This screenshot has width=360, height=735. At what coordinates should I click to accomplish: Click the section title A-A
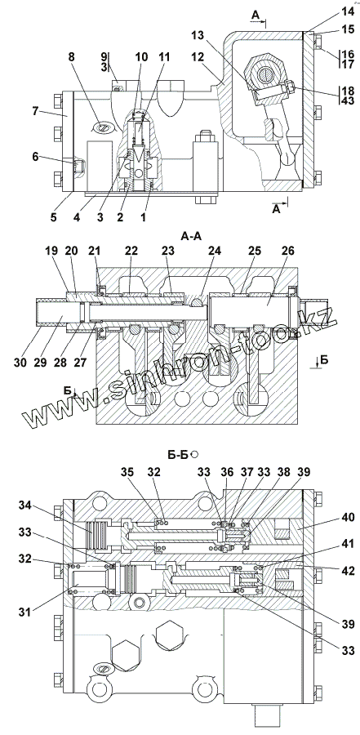pos(191,236)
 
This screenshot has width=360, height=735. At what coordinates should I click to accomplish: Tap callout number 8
pos(71,57)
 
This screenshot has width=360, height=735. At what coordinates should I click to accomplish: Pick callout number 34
pos(27,506)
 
